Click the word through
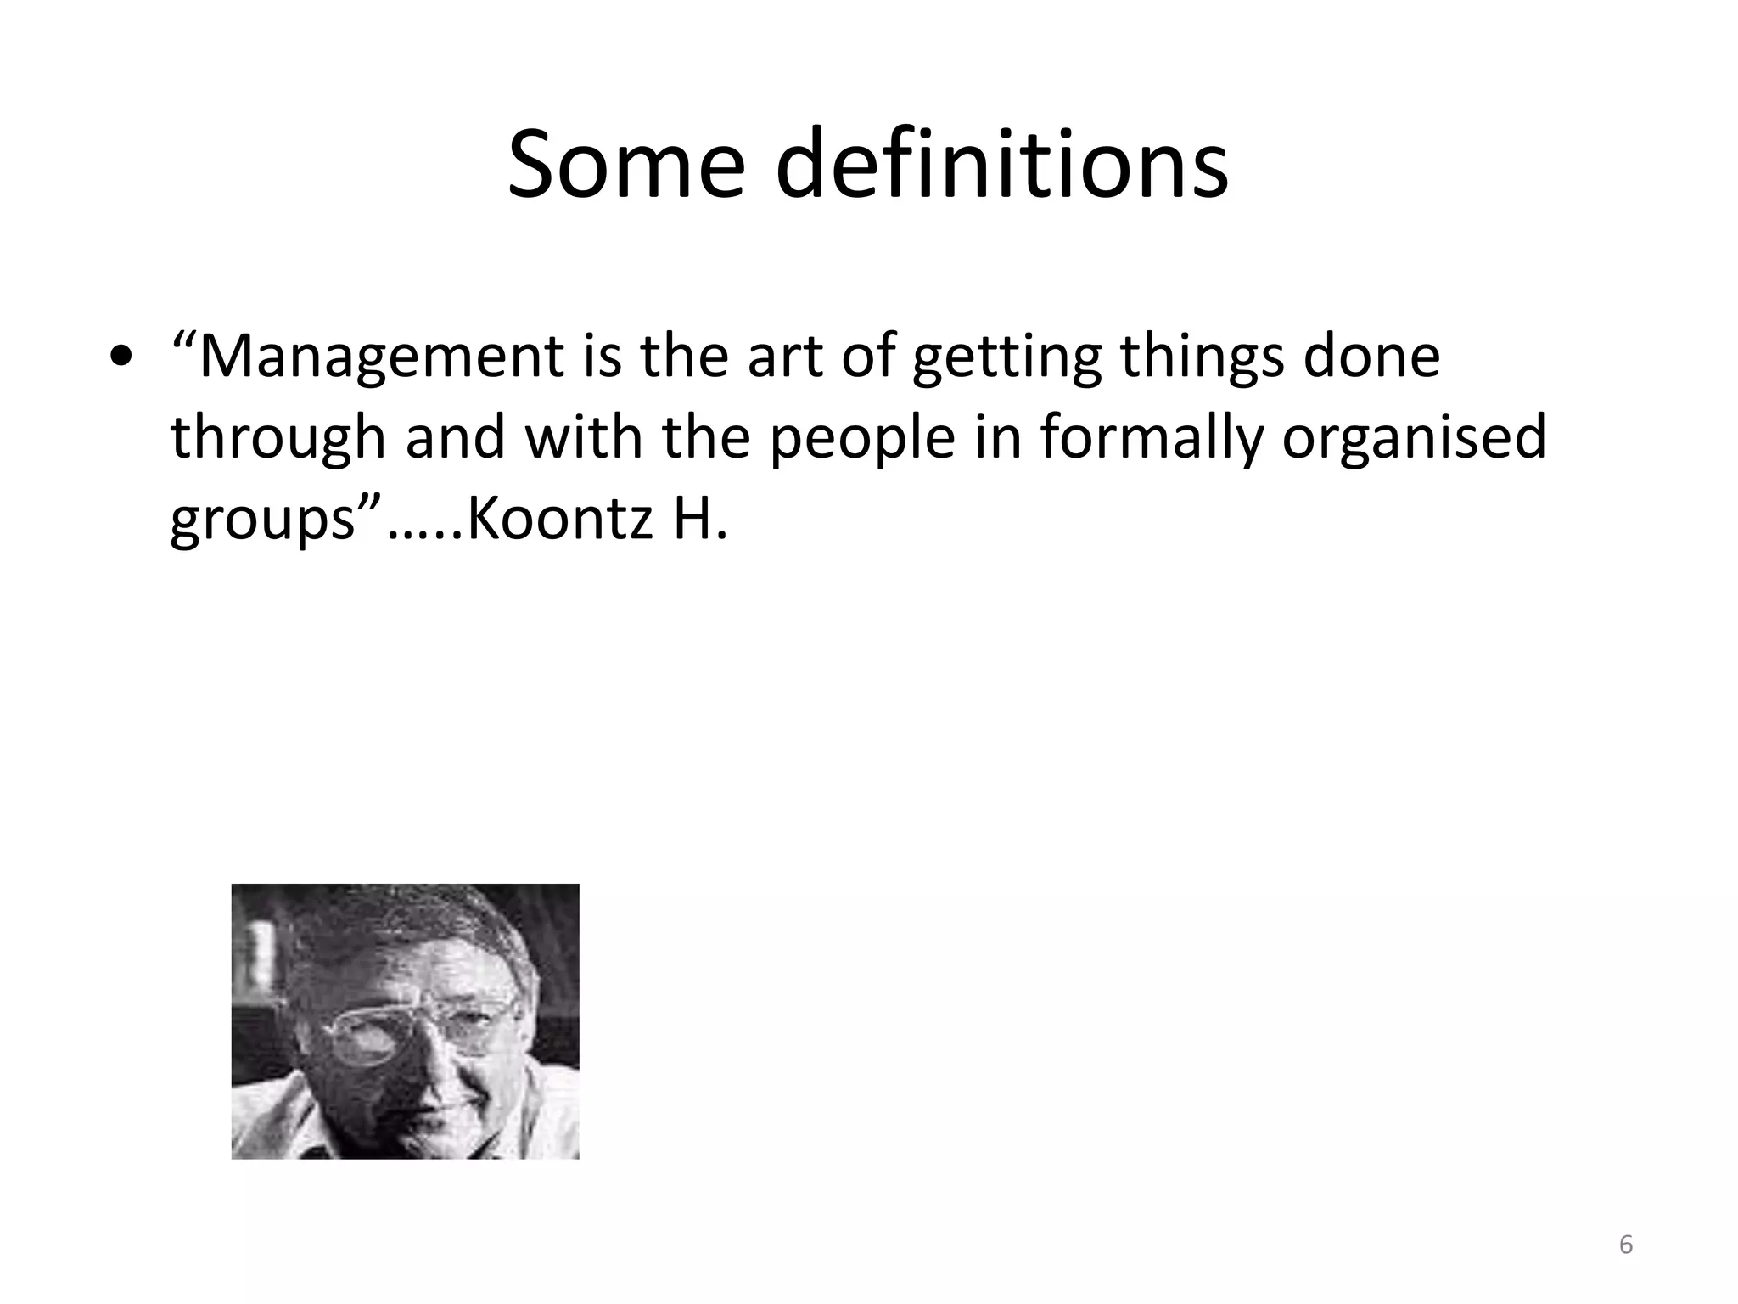(278, 438)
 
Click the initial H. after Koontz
(701, 519)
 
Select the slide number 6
(1625, 1245)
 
